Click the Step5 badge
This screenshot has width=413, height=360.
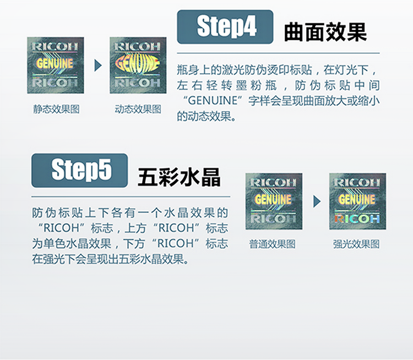80,170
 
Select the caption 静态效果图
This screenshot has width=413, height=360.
56,109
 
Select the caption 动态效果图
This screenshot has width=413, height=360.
138,109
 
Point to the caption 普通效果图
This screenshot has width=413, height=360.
273,244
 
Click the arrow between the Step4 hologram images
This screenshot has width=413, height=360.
98,66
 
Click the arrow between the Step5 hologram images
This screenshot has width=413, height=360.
317,201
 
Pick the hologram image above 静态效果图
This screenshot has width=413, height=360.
56,66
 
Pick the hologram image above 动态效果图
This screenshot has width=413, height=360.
138,66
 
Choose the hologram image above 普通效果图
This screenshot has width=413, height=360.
274,201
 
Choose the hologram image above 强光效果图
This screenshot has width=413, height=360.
357,201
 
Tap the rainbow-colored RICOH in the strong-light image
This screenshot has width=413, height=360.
357,219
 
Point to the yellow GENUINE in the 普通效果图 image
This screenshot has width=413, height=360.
274,198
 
